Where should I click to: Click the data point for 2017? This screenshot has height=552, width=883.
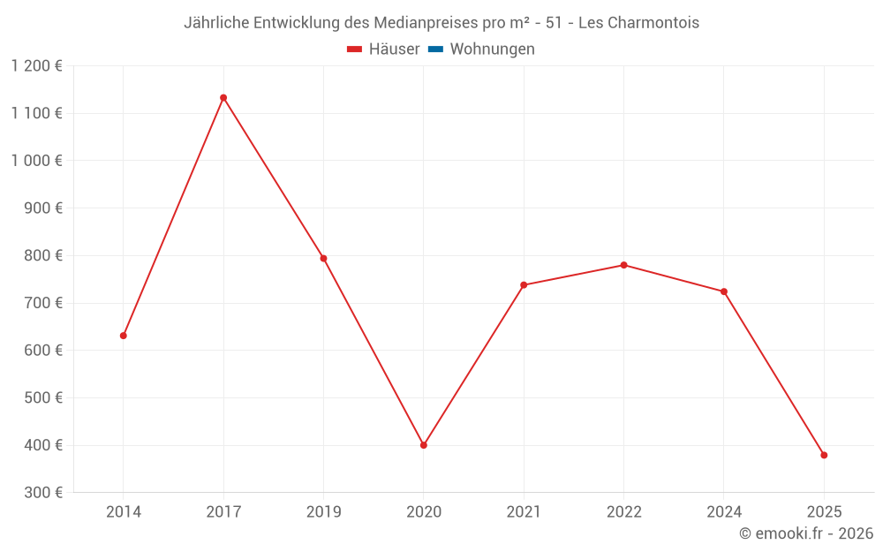coord(223,98)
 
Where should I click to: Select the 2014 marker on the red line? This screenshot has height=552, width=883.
coord(124,336)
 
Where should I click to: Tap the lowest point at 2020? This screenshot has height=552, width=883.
coord(424,445)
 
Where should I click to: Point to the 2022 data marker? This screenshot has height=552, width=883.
coord(623,265)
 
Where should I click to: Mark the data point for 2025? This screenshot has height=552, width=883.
coord(824,456)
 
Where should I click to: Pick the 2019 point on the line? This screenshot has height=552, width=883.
coord(323,259)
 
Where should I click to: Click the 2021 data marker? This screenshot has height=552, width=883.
coord(524,285)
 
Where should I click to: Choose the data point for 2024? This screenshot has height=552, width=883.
coord(724,291)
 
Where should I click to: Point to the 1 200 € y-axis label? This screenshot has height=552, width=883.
coord(37,66)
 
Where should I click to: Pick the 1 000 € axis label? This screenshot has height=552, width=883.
coord(37,161)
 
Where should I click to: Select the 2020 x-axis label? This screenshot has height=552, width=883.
coord(424,511)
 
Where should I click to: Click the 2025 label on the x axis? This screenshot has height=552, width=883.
coord(824,511)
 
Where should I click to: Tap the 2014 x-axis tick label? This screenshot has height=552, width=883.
coord(124,511)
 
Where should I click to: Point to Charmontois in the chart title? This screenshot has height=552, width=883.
coord(653,23)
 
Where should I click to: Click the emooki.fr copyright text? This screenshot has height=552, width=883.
coord(806,533)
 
